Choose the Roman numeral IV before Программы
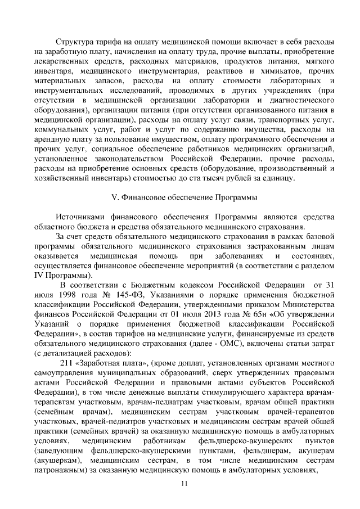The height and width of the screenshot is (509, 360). (39, 276)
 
